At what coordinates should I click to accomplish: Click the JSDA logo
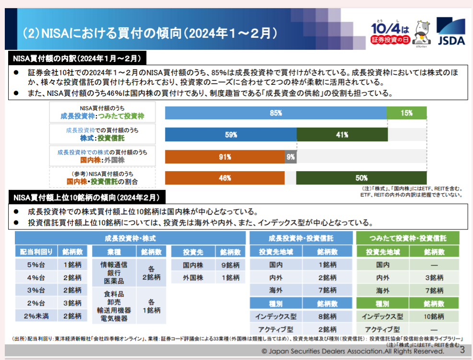[451, 32]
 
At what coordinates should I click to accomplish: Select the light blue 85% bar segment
[276, 113]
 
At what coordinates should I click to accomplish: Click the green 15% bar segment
[406, 113]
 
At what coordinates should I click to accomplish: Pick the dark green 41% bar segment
[342, 135]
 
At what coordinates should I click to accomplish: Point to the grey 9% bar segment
[291, 157]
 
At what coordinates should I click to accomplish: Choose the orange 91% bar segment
[225, 157]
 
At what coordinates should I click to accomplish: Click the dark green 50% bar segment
[361, 178]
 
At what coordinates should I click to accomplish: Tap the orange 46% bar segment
[225, 178]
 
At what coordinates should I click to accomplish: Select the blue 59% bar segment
[231, 135]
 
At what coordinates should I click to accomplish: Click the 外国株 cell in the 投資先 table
[193, 278]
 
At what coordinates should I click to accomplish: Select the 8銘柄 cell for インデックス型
[327, 316]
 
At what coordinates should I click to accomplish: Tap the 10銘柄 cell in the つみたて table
[434, 316]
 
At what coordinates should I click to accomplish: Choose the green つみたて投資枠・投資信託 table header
[408, 238]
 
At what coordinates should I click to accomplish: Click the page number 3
[462, 350]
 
